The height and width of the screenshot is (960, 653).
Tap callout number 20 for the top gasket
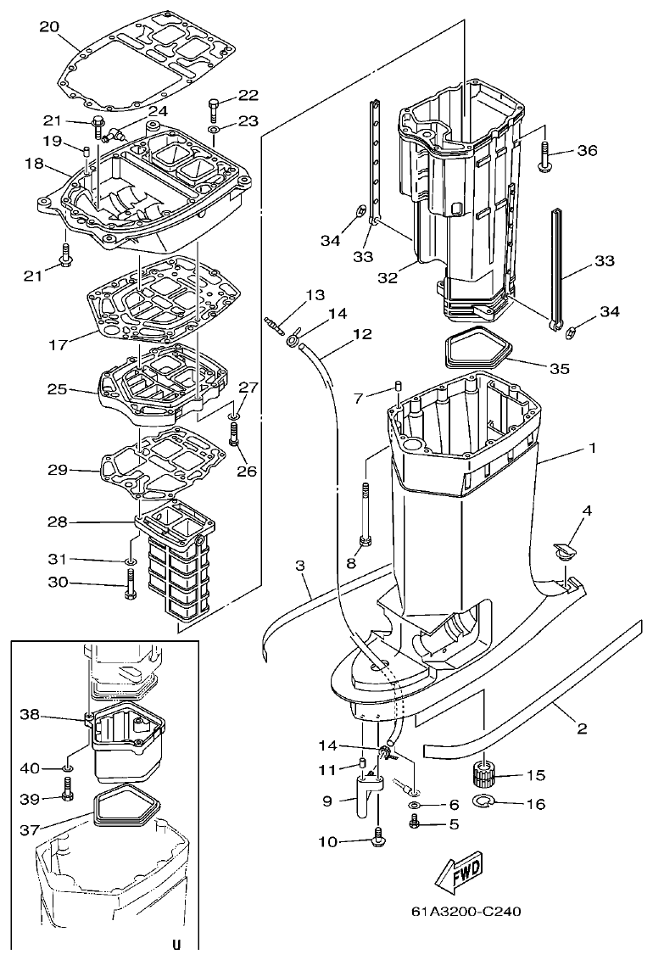49,26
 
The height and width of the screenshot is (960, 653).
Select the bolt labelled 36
544,153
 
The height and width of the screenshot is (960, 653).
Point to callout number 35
559,369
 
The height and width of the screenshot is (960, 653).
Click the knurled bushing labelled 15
483,774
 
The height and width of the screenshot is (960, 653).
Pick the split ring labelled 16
483,802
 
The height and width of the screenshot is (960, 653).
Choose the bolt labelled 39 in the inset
67,796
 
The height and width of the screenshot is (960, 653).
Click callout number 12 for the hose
362,334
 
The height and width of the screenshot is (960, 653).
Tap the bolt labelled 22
213,109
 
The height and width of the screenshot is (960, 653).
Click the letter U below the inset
176,944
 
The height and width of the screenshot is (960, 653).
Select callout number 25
57,389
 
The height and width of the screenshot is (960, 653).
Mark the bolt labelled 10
377,840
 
